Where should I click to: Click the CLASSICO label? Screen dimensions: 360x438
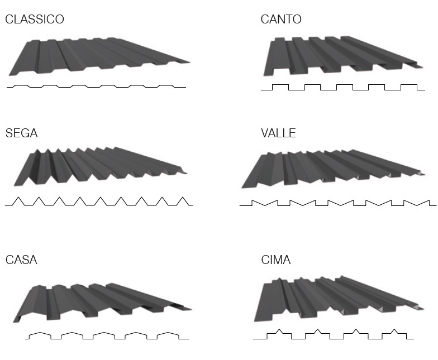click(x=35, y=20)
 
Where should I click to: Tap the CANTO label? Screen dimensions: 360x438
click(x=281, y=20)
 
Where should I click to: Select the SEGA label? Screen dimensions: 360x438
click(x=22, y=134)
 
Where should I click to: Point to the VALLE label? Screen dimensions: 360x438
click(x=278, y=134)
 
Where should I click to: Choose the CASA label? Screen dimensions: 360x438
click(x=21, y=260)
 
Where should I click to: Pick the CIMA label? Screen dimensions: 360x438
click(x=276, y=260)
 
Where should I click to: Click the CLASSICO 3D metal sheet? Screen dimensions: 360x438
click(x=95, y=56)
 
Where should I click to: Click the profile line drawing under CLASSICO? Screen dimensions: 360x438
click(x=96, y=87)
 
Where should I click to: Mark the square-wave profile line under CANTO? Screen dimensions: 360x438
click(x=342, y=88)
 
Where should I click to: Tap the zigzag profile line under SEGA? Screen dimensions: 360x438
click(x=99, y=201)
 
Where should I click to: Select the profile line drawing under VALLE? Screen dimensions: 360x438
click(x=337, y=203)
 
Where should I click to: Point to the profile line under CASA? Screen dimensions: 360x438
click(x=107, y=335)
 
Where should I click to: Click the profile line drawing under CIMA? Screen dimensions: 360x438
click(x=334, y=335)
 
